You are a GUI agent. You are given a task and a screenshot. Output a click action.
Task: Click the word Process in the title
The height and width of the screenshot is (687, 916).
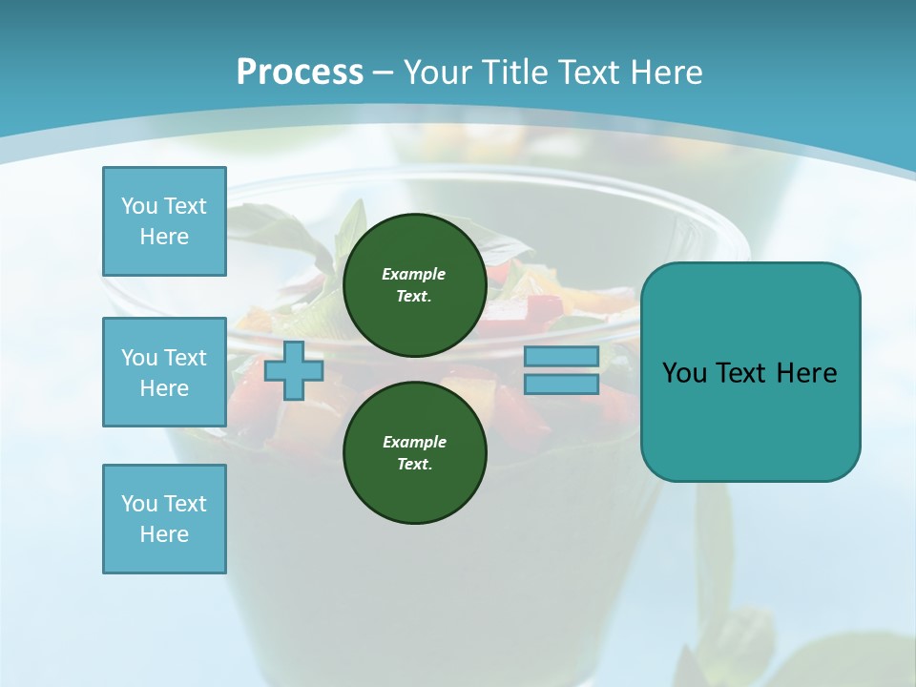click(x=300, y=72)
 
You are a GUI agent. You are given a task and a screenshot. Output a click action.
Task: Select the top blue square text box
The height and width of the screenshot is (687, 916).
click(x=164, y=221)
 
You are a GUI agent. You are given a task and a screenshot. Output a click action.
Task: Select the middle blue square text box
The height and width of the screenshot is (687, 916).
click(x=164, y=372)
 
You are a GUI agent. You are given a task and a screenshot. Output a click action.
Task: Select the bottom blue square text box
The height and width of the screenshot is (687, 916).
click(x=164, y=519)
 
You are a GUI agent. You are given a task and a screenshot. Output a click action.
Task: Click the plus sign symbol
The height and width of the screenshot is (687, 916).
click(x=294, y=370)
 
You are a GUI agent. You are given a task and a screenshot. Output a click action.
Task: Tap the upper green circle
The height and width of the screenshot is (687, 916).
click(x=414, y=284)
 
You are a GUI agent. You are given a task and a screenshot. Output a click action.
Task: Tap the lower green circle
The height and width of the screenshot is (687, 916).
click(x=414, y=452)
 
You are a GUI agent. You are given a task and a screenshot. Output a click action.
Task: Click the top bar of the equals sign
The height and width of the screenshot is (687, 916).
click(x=561, y=356)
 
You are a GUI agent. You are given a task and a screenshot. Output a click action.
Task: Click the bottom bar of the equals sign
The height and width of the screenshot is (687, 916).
click(x=561, y=384)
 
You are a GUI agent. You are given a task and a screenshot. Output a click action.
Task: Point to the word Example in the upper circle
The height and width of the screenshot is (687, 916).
click(x=414, y=274)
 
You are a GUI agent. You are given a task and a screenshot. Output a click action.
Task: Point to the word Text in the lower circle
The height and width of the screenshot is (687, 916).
click(x=414, y=464)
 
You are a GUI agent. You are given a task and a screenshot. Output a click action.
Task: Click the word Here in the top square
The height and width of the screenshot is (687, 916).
click(x=164, y=237)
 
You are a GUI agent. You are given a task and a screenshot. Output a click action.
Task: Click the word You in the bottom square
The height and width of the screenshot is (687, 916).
click(x=138, y=504)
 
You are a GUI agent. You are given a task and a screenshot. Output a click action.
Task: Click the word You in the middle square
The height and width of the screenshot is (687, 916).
click(x=138, y=358)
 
